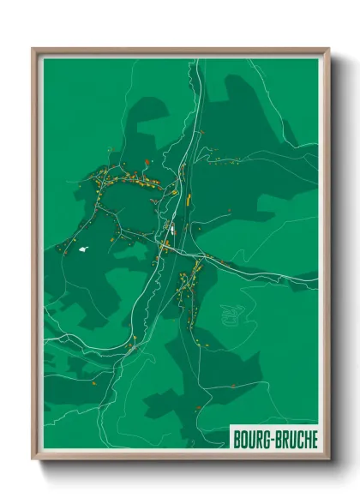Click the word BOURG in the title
[x=252, y=439]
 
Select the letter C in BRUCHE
[x=297, y=439]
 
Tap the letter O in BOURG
[x=243, y=439]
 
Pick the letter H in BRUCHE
[x=305, y=439]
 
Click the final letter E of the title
[x=313, y=439]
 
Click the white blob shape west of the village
[x=83, y=249]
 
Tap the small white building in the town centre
[x=169, y=229]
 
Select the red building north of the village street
[x=147, y=160]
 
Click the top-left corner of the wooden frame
[x=34, y=50]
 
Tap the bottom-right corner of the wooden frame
[x=328, y=459]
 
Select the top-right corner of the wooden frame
[x=328, y=50]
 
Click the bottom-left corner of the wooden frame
[x=34, y=459]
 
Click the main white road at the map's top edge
[x=198, y=62]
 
